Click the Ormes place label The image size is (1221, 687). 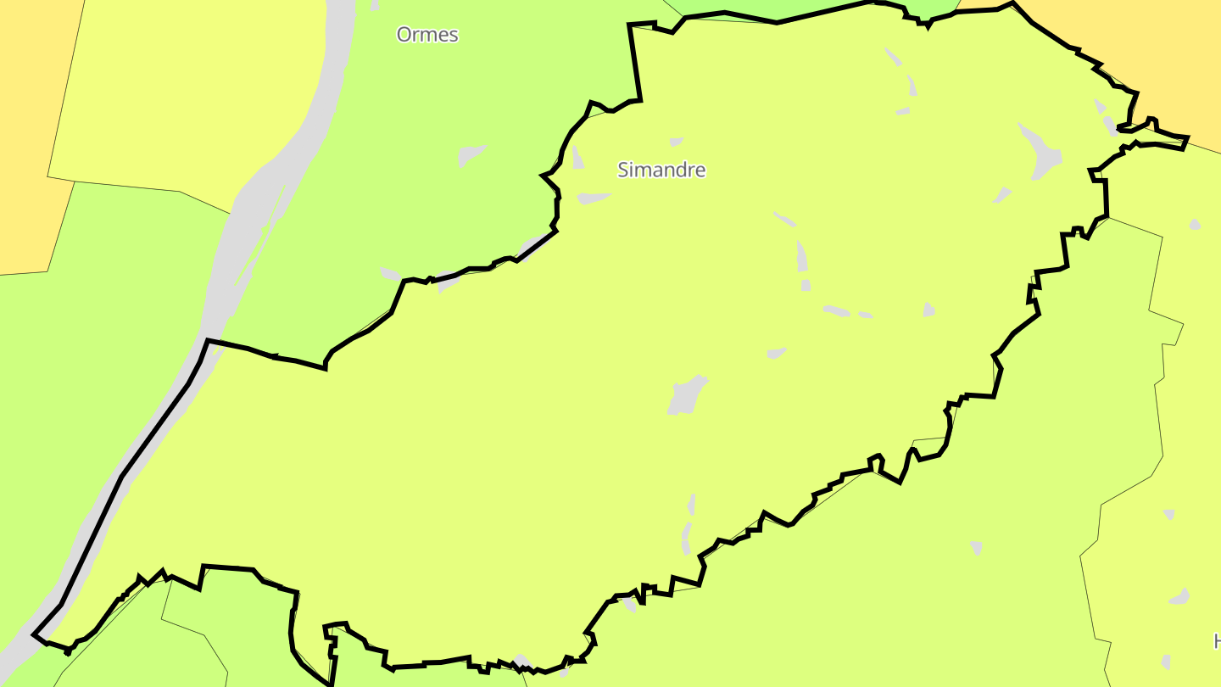point(427,35)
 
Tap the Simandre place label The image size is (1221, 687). point(661,170)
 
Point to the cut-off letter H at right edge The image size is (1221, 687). point(1217,640)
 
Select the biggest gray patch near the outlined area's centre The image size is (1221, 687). point(687,395)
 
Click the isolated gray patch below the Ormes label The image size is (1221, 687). point(471,156)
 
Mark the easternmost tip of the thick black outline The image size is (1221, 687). point(1188,137)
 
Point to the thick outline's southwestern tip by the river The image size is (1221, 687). point(34,634)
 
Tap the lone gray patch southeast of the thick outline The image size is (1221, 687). point(976,548)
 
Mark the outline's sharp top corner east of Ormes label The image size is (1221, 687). point(630,25)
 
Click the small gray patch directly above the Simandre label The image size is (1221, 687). point(676,142)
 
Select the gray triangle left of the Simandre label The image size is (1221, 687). point(577,158)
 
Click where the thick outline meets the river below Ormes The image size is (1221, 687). point(208,341)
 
